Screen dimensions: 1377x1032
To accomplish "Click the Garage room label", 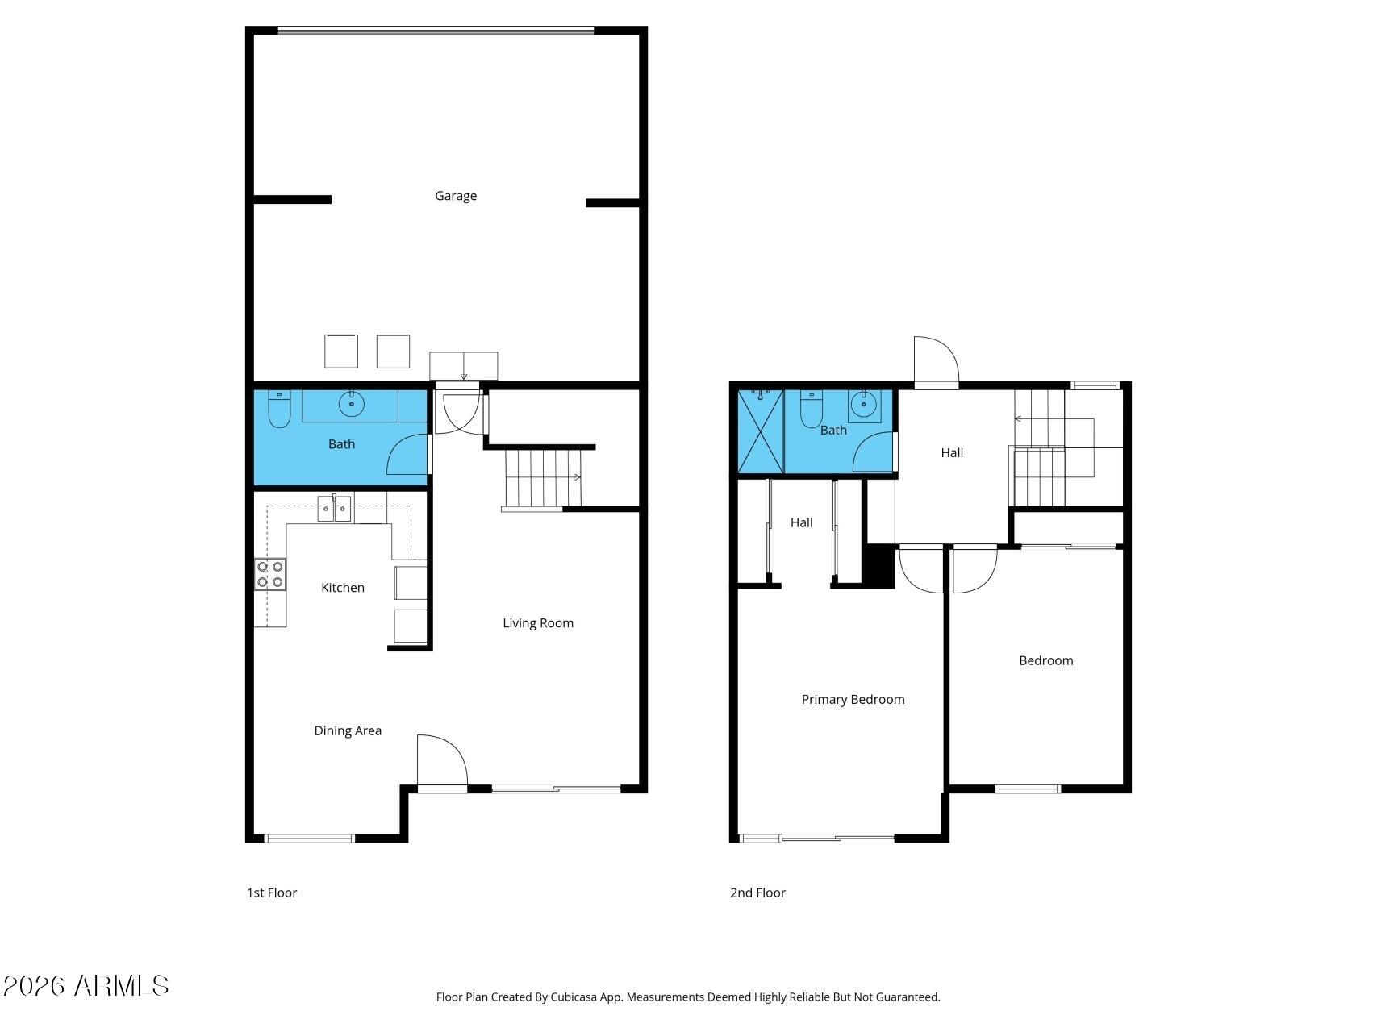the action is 456,196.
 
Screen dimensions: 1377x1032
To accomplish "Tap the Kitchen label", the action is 343,588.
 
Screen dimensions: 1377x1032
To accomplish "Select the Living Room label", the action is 538,623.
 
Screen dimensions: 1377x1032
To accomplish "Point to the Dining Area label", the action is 348,731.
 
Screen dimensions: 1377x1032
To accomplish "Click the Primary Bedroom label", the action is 853,700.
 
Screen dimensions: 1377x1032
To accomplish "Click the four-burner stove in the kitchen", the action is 270,574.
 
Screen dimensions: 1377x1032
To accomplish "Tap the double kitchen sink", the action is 334,509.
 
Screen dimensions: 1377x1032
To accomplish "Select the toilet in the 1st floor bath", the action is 278,409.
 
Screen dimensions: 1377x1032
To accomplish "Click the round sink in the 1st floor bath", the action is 351,403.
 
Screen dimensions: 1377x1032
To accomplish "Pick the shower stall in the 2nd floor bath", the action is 761,431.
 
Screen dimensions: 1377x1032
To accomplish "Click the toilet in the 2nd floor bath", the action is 811,410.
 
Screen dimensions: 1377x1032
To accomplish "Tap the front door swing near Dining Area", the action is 442,761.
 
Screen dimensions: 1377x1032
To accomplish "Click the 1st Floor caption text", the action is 272,893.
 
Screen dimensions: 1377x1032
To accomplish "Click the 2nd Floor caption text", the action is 757,893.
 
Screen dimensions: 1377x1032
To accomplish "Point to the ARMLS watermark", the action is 86,986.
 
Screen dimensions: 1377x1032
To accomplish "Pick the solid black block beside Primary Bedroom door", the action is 879,566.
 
